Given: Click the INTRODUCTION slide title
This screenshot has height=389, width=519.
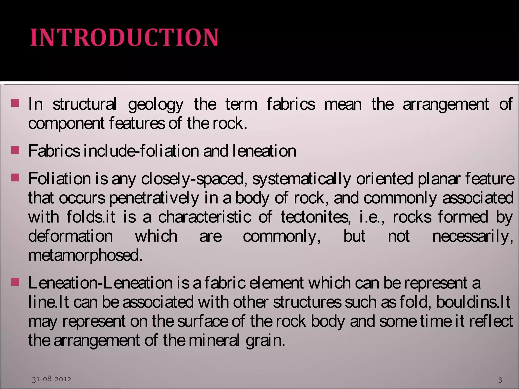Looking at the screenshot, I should click(x=124, y=37).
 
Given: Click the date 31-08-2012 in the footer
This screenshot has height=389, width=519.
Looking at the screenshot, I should click(x=51, y=379).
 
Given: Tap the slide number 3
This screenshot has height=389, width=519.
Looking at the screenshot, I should click(x=500, y=380).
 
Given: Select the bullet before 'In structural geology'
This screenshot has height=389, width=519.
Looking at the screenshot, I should click(x=15, y=103).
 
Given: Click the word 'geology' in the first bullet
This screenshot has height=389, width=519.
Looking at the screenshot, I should click(x=156, y=105).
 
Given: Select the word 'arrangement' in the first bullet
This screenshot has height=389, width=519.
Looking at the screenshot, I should click(x=446, y=104).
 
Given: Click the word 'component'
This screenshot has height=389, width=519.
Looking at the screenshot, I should click(x=66, y=124).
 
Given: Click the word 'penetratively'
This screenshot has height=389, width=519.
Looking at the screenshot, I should click(x=154, y=198).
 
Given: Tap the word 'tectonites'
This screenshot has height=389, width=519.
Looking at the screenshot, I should click(x=316, y=217).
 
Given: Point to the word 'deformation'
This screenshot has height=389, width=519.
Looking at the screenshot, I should click(x=70, y=236).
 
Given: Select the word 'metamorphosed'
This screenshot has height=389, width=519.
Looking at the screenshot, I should click(x=85, y=255).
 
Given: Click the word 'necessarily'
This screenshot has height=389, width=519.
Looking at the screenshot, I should click(x=472, y=236).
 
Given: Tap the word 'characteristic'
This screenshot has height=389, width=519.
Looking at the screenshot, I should click(x=205, y=217).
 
